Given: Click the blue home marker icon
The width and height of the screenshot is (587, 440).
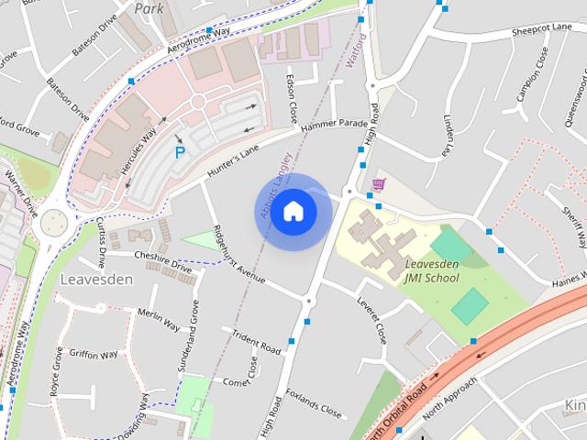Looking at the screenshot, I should (x=293, y=212).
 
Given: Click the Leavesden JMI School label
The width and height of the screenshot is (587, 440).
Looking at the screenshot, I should (x=431, y=270).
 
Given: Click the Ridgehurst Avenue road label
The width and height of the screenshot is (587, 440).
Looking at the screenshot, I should (x=238, y=254).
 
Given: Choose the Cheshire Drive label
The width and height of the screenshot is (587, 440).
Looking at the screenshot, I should (x=162, y=262).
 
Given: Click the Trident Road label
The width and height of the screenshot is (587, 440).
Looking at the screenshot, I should (x=257, y=341).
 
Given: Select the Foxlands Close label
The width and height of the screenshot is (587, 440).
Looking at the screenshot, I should (x=314, y=403).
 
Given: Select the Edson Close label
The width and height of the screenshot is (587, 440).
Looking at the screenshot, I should (x=291, y=99).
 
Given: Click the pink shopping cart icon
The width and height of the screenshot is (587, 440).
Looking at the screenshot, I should (x=378, y=184).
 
